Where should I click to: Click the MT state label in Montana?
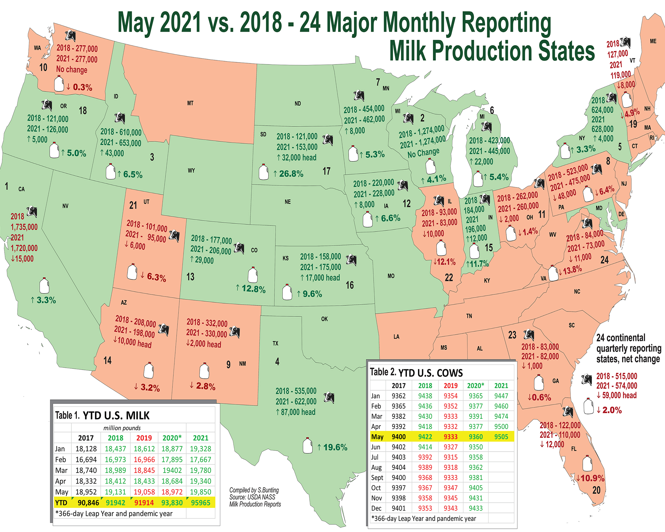point(190,103)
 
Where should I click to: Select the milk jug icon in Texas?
point(307,445)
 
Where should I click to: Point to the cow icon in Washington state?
point(70,36)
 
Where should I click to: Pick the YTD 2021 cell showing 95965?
point(200,503)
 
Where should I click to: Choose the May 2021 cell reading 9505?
point(501,437)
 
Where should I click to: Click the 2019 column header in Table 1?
point(144,438)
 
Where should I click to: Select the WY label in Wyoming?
point(191,170)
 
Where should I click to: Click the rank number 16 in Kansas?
point(350,285)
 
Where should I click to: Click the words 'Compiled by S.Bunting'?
point(254,490)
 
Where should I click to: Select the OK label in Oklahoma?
point(325,319)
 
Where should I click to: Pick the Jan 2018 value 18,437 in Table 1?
point(115,449)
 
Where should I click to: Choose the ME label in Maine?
point(653,41)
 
